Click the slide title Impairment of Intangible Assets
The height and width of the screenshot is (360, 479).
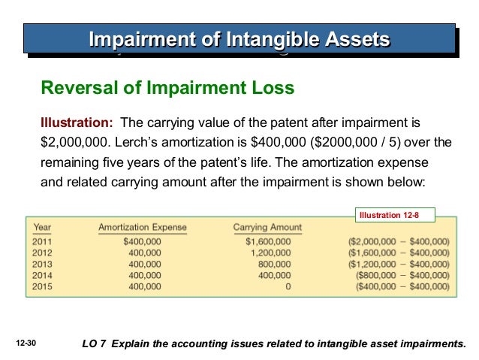pyautogui.click(x=239, y=38)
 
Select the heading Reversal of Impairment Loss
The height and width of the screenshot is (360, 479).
pyautogui.click(x=167, y=89)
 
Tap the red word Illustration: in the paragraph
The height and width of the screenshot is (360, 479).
pyautogui.click(x=77, y=123)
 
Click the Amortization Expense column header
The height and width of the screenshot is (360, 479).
pyautogui.click(x=143, y=227)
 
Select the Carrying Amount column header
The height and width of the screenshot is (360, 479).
pyautogui.click(x=267, y=227)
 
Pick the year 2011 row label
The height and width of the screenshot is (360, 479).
pyautogui.click(x=44, y=242)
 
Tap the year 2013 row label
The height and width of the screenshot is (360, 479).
pyautogui.click(x=44, y=265)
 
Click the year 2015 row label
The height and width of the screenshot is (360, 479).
pyautogui.click(x=44, y=286)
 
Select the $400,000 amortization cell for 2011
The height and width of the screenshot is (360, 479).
pyautogui.click(x=142, y=242)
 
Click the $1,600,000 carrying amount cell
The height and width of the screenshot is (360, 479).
pyautogui.click(x=268, y=242)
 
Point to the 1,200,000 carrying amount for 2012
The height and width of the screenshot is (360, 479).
pyautogui.click(x=273, y=253)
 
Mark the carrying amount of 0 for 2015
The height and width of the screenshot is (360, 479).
pyautogui.click(x=288, y=286)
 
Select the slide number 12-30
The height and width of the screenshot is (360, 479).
pyautogui.click(x=26, y=343)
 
